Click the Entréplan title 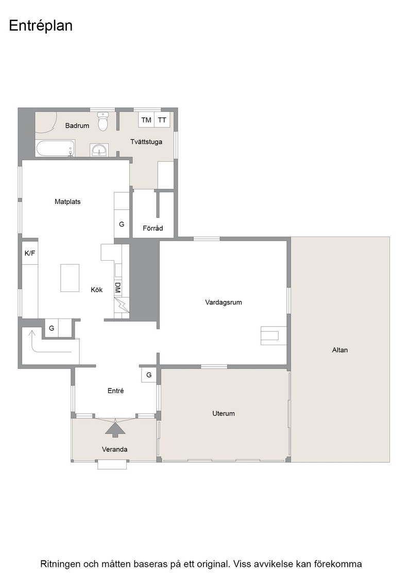tap(41, 26)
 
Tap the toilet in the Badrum tap(103, 122)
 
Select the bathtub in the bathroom tap(56, 149)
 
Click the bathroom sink tap(99, 150)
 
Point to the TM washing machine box tap(146, 120)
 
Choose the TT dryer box tap(162, 120)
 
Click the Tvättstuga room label tap(146, 142)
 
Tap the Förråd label tap(152, 228)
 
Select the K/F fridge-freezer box tap(30, 253)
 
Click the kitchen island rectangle tap(70, 278)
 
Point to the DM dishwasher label tap(118, 288)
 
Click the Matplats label tap(67, 201)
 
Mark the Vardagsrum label tap(223, 302)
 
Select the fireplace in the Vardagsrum tap(274, 335)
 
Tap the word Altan tap(339, 350)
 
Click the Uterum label tap(223, 414)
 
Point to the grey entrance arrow tap(115, 428)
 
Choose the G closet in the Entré tap(149, 375)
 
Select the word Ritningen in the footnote tap(60, 564)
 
